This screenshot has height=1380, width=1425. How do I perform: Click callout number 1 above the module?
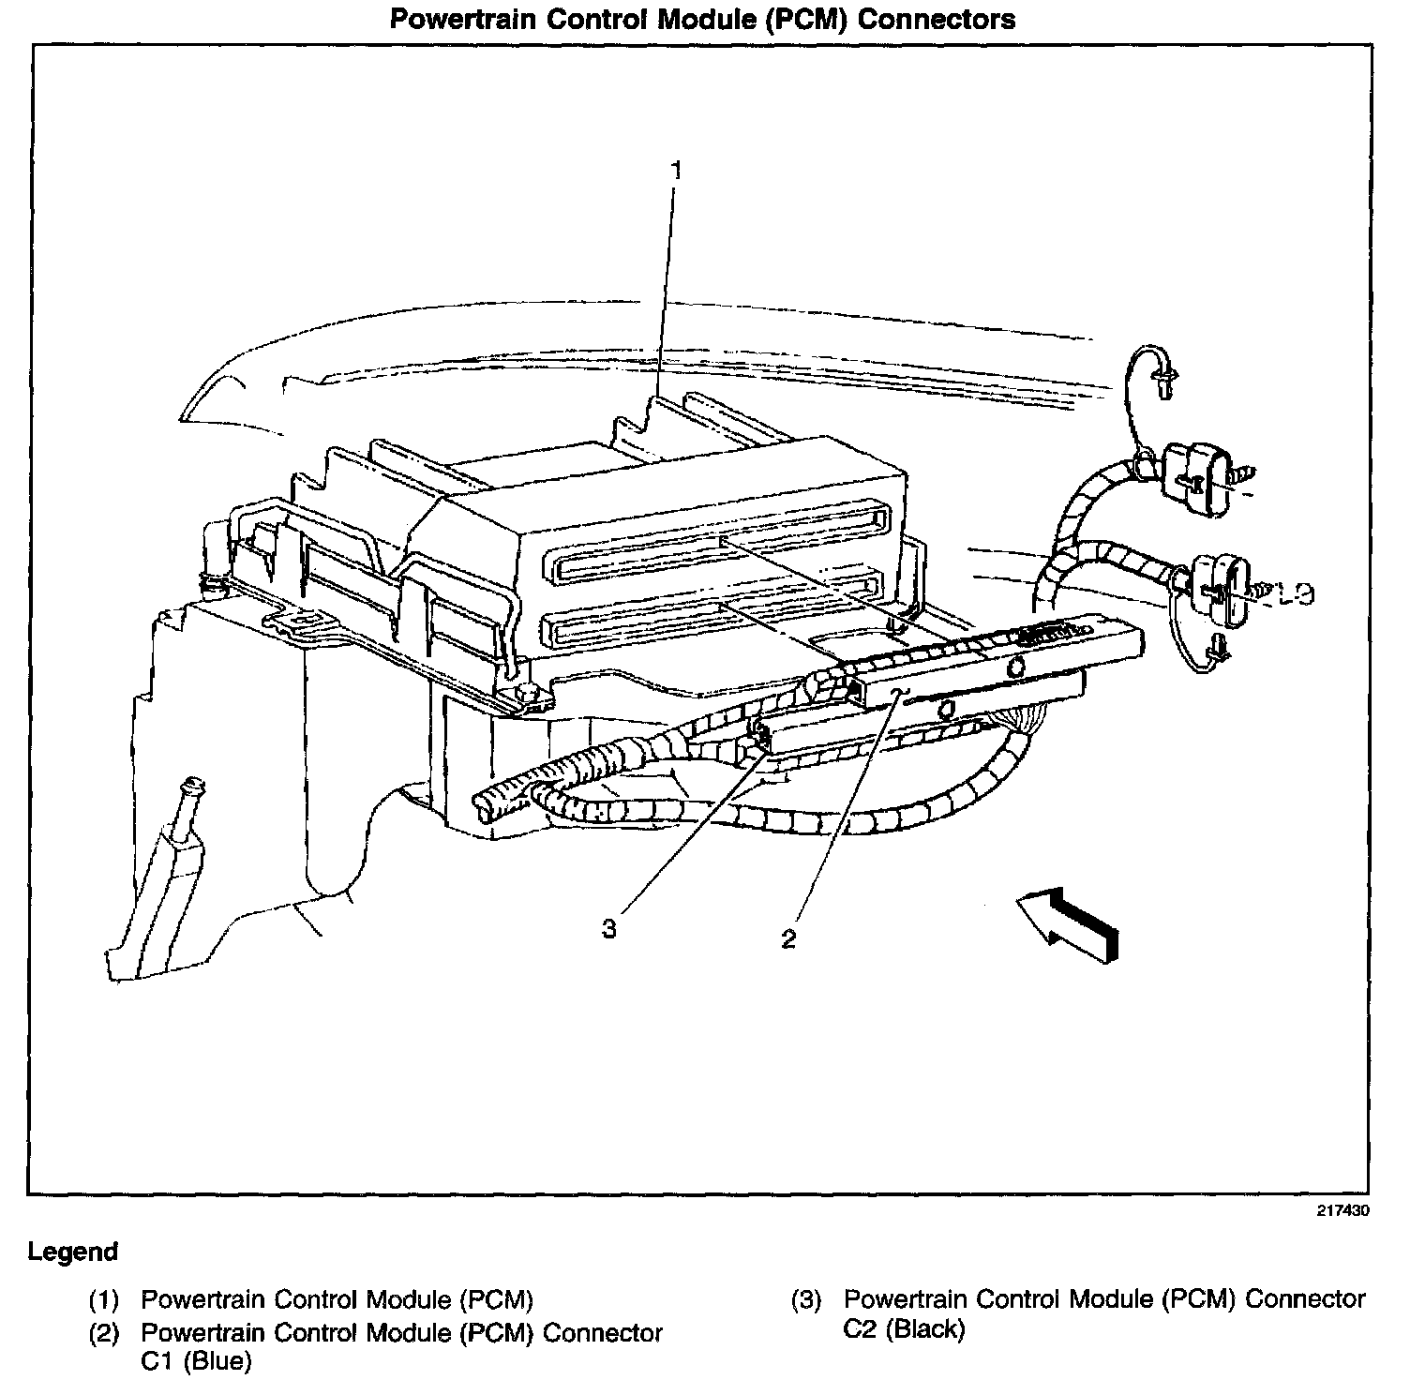coord(675,171)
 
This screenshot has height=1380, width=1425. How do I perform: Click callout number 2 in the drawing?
coord(788,938)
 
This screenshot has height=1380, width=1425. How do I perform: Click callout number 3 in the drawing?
coord(609,929)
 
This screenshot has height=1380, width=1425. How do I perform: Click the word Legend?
coord(73,1252)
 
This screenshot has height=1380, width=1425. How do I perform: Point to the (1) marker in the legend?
coord(104,1300)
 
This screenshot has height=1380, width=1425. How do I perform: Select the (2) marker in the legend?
coord(104,1333)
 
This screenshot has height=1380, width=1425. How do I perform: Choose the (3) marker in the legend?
coord(806,1300)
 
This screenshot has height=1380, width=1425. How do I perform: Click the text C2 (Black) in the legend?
coord(904,1328)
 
